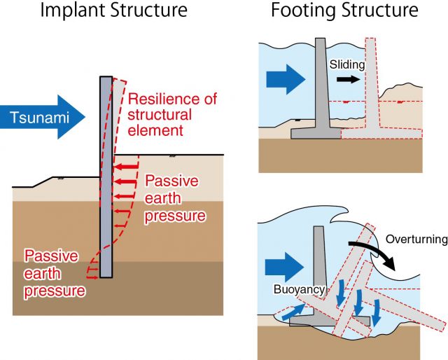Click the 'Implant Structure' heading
click(x=114, y=11)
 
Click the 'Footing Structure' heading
click(x=344, y=11)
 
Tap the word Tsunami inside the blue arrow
click(x=39, y=117)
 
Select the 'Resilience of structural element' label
click(x=172, y=114)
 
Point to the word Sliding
click(x=347, y=64)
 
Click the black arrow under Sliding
click(x=349, y=79)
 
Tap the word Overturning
click(x=416, y=240)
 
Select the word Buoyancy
click(x=299, y=289)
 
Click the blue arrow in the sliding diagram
click(x=286, y=79)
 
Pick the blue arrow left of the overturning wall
click(x=284, y=268)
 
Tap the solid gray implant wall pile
click(x=106, y=176)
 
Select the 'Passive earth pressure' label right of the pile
click(x=175, y=198)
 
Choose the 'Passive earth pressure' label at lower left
click(x=55, y=274)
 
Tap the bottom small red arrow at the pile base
click(x=92, y=277)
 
